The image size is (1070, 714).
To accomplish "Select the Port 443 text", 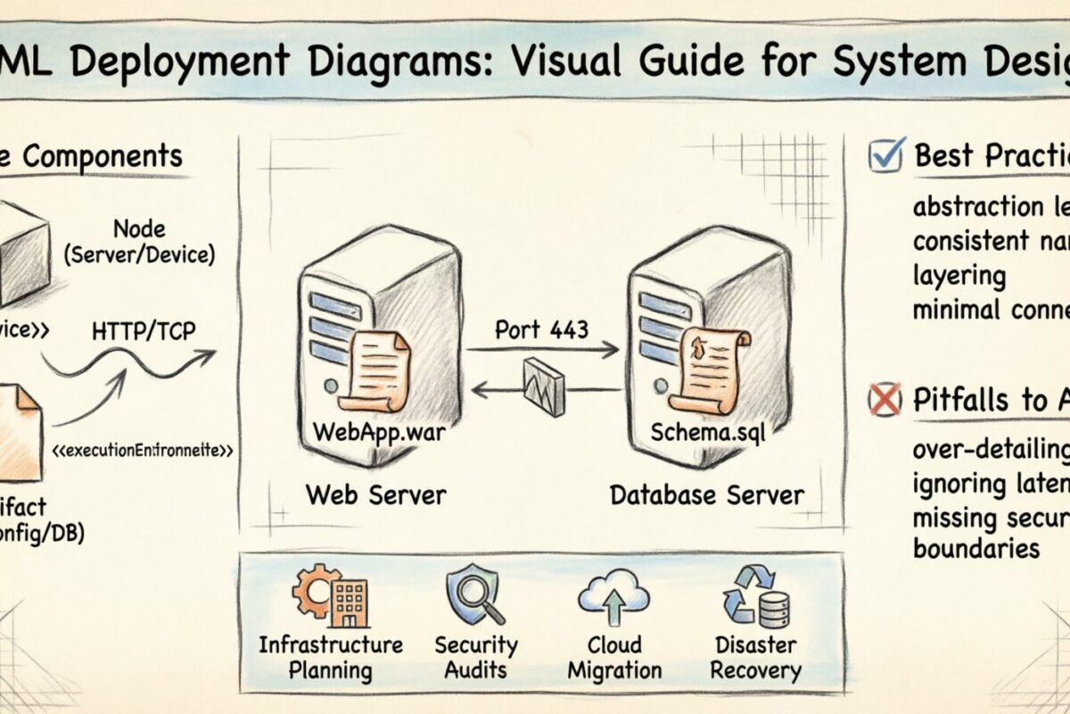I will [x=542, y=329].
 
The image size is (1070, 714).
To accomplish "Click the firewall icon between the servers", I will [x=544, y=386].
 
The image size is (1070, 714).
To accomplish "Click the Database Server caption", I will [x=706, y=494].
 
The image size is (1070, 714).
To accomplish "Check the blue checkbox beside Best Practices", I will [x=886, y=155].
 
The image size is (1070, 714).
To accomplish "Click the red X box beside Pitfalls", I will [x=885, y=401].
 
